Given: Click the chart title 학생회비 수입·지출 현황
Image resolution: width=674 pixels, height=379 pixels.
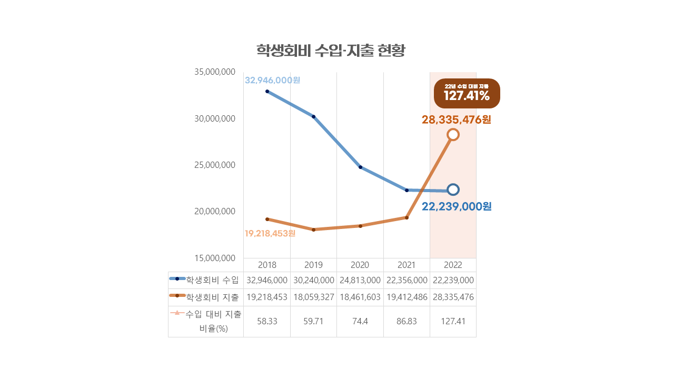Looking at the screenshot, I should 331,51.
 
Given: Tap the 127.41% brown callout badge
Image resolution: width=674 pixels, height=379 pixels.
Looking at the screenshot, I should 467,93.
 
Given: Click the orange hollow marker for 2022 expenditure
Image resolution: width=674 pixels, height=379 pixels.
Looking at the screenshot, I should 453,135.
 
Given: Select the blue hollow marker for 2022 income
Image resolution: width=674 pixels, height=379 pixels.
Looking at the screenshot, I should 453,189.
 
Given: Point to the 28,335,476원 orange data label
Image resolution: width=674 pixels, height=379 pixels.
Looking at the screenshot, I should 456,120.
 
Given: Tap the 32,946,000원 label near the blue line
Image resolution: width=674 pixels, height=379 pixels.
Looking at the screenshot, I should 272,80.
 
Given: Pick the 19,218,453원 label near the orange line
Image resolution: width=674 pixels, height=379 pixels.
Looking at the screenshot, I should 270,233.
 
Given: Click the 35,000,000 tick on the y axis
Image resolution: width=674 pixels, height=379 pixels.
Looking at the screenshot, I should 215,72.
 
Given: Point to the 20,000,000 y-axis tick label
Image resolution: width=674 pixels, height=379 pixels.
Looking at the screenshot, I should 215,211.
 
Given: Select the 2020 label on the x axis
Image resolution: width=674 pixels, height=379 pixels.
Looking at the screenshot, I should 360,265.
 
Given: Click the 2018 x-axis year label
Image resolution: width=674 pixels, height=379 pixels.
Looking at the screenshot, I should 267,265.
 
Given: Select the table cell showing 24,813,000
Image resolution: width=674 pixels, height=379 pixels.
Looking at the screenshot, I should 360,280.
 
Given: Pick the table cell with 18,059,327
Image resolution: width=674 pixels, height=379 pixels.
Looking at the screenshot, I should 313,297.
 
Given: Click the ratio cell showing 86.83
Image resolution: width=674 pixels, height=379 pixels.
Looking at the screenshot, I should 407,321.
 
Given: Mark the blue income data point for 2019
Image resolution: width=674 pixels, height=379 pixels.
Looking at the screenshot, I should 314,116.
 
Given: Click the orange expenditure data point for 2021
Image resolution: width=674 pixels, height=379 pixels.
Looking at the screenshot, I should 407,217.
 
